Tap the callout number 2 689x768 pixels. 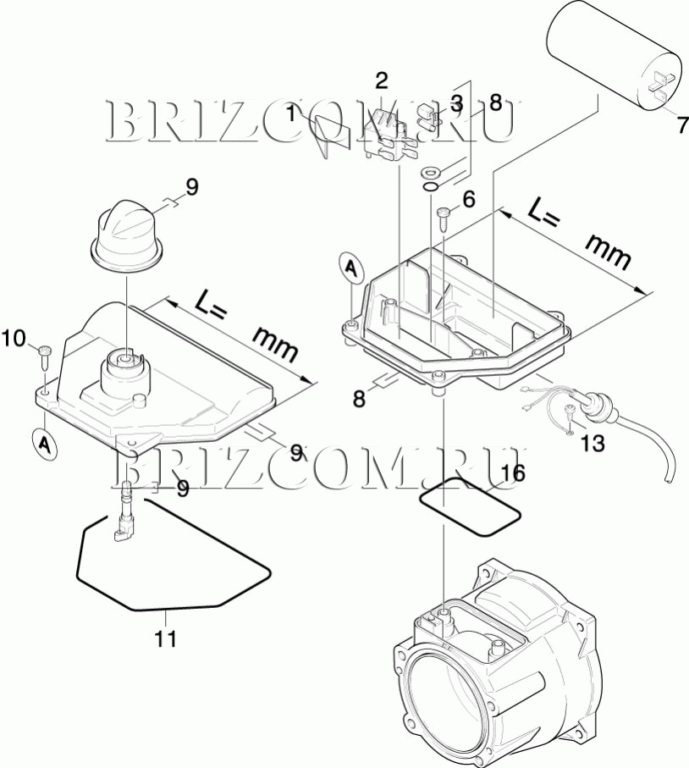point(382,81)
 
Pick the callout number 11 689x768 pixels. point(166,637)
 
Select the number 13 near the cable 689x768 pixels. point(593,443)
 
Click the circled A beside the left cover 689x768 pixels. point(44,444)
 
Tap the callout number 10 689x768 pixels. point(14,339)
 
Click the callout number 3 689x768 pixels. point(456,104)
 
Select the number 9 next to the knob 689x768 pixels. point(192,186)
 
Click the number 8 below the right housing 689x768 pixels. point(359,398)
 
